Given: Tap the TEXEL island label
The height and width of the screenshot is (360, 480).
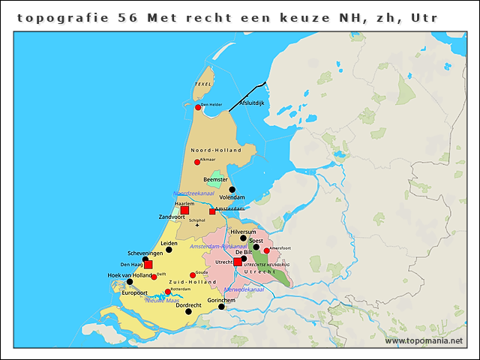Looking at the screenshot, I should (202, 85).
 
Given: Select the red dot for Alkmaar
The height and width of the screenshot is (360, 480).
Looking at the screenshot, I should (197, 162).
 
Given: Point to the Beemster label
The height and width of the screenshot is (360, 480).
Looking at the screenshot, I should (216, 180).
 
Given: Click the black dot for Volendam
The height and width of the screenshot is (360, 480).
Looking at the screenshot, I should (232, 189).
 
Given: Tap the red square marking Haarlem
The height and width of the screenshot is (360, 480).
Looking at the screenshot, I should (184, 211).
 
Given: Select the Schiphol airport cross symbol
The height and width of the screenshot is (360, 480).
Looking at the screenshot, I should (198, 225).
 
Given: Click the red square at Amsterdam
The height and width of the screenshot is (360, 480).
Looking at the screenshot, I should (212, 211).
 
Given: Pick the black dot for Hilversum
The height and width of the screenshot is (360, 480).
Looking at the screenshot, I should (243, 238).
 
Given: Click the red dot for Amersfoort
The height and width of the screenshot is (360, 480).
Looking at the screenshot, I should (267, 251).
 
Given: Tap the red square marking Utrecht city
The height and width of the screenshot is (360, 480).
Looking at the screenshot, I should (238, 262).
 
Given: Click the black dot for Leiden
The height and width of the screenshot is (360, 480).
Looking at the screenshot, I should (169, 250).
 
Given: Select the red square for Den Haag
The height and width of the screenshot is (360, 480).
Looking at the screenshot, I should (148, 265).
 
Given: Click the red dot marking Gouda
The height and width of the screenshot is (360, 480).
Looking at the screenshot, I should (193, 275).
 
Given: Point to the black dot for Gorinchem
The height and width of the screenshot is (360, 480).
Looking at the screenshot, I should (221, 306).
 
